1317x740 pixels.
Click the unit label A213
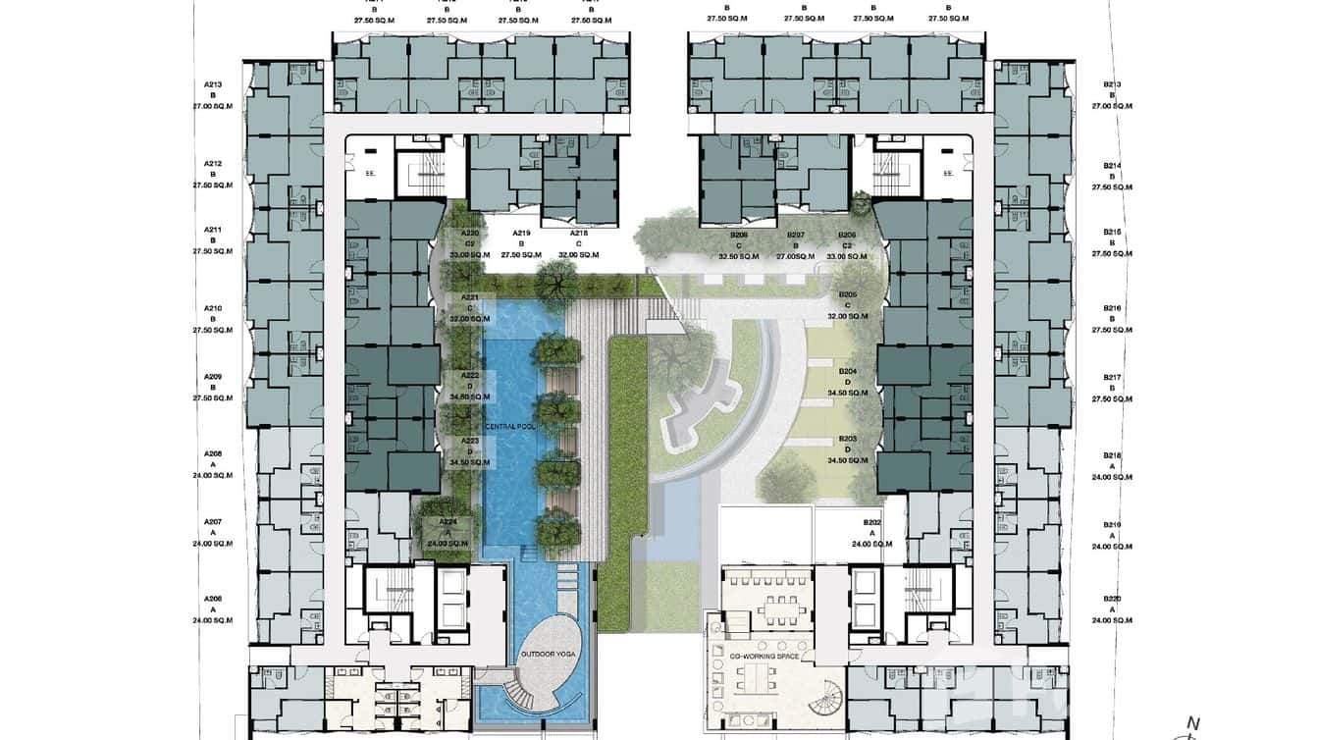(213, 85)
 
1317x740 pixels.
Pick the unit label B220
(1111, 599)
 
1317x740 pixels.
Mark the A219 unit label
(523, 234)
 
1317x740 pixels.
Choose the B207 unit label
(796, 236)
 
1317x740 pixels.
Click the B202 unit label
(871, 523)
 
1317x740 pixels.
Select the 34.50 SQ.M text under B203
(848, 460)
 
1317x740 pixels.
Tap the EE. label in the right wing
(948, 173)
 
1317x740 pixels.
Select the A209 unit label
(213, 377)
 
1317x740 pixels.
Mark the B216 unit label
(1111, 308)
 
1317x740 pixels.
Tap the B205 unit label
(848, 294)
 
